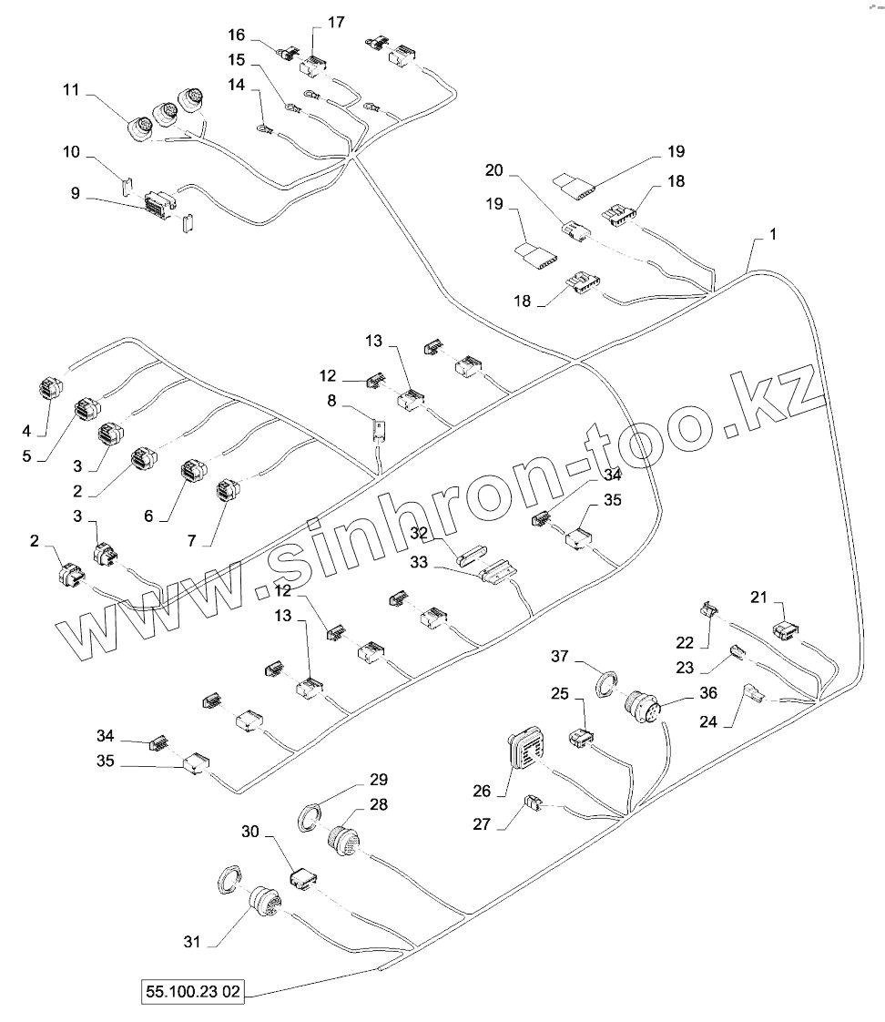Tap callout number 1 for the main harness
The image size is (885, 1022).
772,234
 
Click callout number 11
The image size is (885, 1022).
72,91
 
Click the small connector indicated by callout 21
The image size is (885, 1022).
786,629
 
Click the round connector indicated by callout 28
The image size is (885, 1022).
344,839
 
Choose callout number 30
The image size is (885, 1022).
250,832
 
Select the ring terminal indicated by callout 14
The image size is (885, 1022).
263,133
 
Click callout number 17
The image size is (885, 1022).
336,22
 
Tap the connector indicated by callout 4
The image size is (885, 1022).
52,389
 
